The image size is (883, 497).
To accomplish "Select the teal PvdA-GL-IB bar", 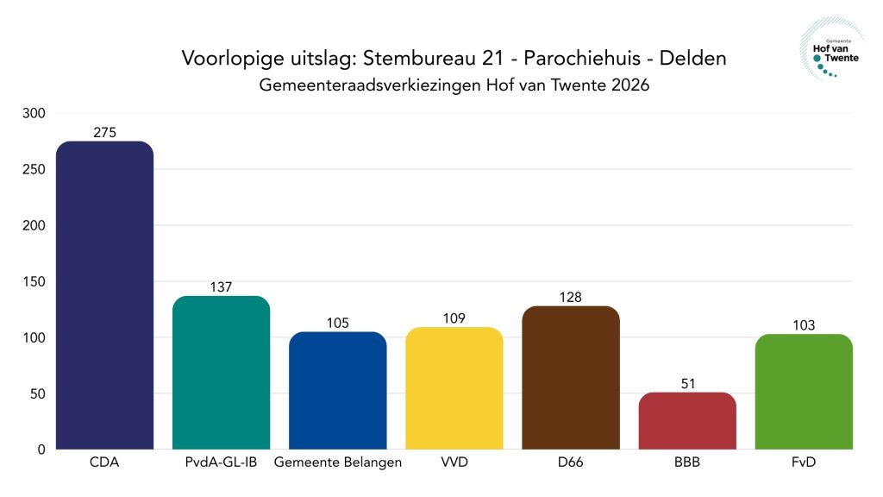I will (x=221, y=372).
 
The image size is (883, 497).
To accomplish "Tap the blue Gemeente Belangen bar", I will (x=337, y=390).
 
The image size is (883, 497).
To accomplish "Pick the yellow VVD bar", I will (x=454, y=388).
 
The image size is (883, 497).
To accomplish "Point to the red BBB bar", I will (x=687, y=421).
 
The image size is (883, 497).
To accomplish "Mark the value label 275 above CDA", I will (x=104, y=133).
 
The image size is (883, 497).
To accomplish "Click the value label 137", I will (x=221, y=287).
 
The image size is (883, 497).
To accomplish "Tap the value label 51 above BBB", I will (x=687, y=384).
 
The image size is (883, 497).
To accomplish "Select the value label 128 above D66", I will (x=570, y=298).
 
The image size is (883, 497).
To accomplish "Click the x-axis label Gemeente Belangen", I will (x=337, y=463).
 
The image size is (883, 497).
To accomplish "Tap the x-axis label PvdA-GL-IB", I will (x=221, y=463).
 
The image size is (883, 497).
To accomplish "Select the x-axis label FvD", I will (x=804, y=463).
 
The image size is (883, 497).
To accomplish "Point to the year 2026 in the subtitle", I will (x=627, y=86).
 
